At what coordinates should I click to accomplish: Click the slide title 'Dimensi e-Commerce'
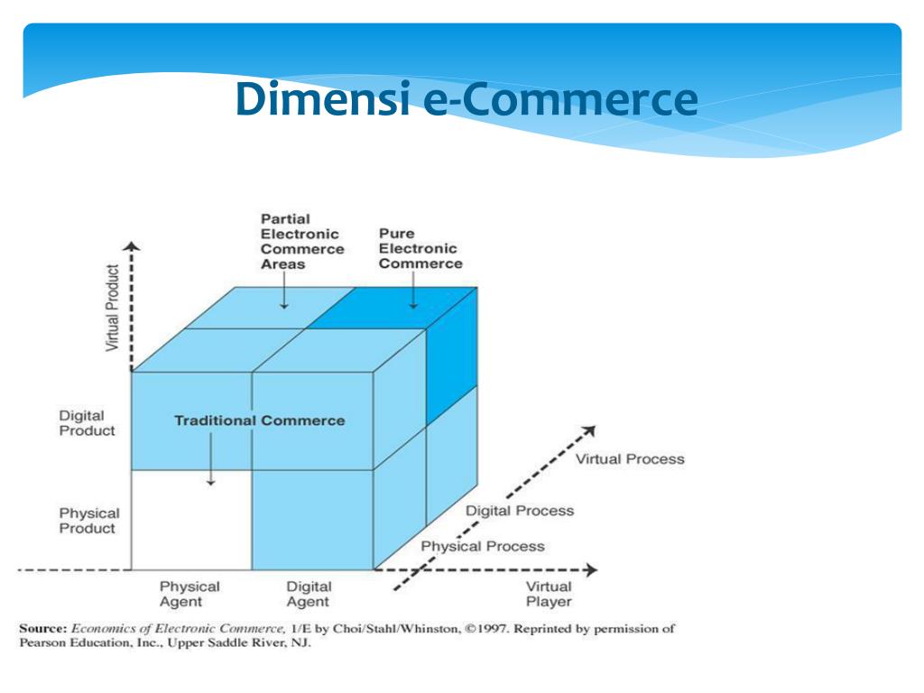[467, 98]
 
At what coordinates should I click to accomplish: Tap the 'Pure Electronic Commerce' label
[420, 248]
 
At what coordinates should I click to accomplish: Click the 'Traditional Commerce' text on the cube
[259, 420]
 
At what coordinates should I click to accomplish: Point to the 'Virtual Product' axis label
[113, 308]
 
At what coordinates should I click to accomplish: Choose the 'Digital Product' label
[88, 423]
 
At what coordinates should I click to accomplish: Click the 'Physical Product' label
[88, 521]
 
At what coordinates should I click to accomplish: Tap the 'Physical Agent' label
[189, 594]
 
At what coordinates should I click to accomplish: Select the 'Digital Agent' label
[309, 594]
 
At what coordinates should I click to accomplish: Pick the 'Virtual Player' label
[549, 594]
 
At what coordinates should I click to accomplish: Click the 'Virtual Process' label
[630, 458]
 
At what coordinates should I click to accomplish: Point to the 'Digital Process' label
[519, 511]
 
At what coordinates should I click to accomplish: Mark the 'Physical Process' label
[483, 546]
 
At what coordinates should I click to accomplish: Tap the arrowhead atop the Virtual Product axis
[133, 246]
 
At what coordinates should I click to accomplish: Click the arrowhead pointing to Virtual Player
[591, 570]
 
